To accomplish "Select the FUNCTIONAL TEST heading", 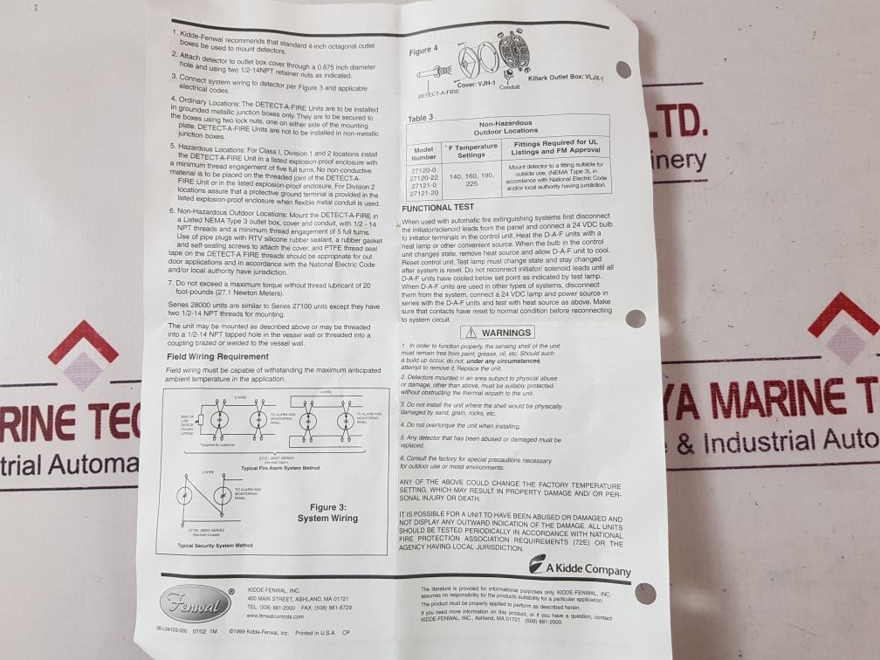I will pyautogui.click(x=439, y=208).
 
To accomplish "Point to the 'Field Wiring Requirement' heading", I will pyautogui.click(x=212, y=356).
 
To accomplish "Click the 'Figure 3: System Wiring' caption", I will pyautogui.click(x=327, y=512).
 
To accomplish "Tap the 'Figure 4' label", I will pyautogui.click(x=424, y=51).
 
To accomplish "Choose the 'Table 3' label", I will pyautogui.click(x=422, y=117).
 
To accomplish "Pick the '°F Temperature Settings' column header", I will pyautogui.click(x=471, y=150).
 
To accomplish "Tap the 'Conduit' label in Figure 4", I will pyautogui.click(x=510, y=87).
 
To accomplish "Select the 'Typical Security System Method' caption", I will pyautogui.click(x=215, y=545).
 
